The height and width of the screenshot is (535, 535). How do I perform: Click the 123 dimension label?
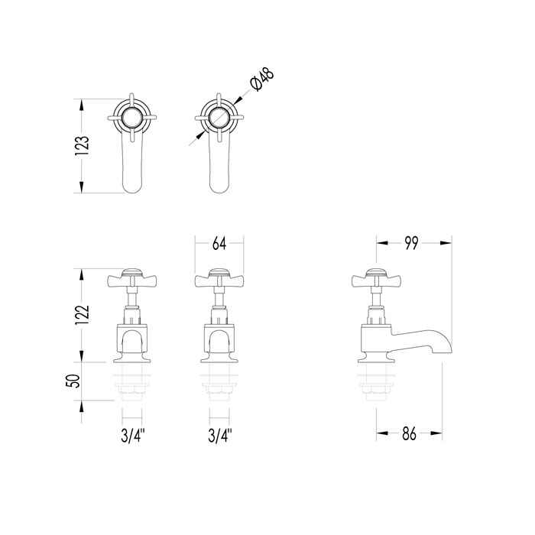tap(83, 146)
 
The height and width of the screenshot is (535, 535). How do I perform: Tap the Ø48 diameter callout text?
tap(262, 79)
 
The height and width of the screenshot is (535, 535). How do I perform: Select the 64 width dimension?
tap(219, 244)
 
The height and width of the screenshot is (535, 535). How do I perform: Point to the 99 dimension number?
tap(411, 243)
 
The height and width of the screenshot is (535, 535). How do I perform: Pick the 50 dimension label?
tap(73, 381)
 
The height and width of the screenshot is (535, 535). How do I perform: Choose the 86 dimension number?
tap(409, 433)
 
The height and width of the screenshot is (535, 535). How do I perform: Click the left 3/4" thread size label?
tap(133, 436)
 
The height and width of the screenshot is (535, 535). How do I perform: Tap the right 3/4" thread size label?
tap(220, 436)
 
